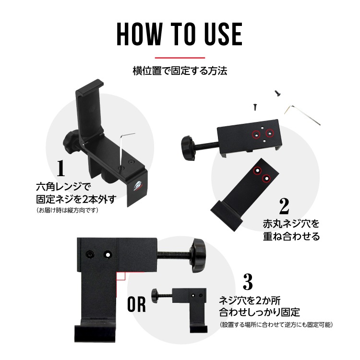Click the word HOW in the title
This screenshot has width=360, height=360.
pos(140,34)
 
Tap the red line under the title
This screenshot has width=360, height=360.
pos(180,58)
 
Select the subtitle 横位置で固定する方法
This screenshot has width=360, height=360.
pos(180,71)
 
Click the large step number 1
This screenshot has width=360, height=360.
pos(61,168)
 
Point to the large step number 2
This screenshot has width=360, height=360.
pos(284,206)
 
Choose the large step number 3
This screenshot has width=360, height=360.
pos(248,281)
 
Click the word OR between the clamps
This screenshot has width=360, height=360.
pos(136,304)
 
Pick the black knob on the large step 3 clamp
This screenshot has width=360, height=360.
pos(198,255)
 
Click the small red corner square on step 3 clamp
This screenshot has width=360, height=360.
pos(121,276)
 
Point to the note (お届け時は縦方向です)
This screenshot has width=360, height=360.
pos(67,210)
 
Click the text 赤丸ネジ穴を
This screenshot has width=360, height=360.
pos(291,224)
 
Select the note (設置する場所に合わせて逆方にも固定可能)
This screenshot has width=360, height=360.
pos(276,324)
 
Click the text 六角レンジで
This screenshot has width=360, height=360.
pos(63,187)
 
